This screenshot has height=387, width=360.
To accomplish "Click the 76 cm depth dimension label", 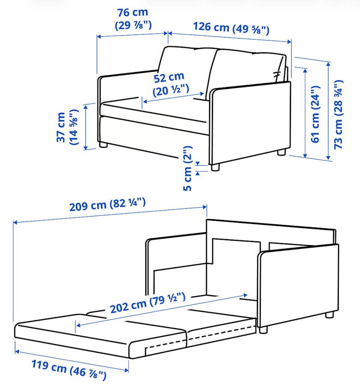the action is coord(133,19).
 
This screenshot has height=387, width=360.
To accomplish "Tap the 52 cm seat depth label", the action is coord(171,84).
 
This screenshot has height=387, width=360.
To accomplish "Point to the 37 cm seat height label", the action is coord(67,127).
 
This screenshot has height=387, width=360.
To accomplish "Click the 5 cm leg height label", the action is coord(187,168).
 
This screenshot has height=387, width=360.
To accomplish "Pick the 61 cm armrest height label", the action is coord(316,114).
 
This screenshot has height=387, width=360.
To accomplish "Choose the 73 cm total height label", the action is coord(339,114).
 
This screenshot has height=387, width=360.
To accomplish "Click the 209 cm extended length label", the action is coord(108,204).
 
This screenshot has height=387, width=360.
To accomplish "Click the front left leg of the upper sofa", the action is coord(103,145).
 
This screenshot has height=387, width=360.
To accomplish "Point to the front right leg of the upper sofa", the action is coord(215,167).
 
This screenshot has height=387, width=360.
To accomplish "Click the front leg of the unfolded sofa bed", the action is coord(263,330).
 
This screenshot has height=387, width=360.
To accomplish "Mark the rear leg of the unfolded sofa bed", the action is coord(329,315).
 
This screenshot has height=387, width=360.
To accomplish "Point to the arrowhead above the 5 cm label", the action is coord(198,164).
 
